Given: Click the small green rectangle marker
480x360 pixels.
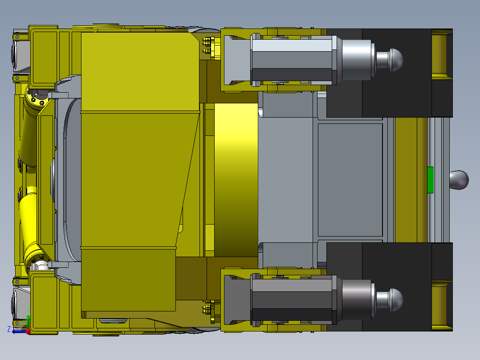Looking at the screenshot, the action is [430, 180].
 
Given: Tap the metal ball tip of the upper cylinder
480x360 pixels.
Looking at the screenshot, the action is [395, 60].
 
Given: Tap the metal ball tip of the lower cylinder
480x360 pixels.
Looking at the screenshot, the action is [395, 300].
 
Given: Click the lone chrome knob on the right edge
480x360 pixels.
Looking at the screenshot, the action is [459, 180].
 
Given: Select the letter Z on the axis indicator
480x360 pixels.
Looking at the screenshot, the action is [9, 329].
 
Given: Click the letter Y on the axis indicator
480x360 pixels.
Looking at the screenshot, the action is [28, 311].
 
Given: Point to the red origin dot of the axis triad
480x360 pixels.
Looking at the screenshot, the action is [28, 331].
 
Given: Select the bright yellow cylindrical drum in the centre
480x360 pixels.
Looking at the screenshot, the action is [236, 180].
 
